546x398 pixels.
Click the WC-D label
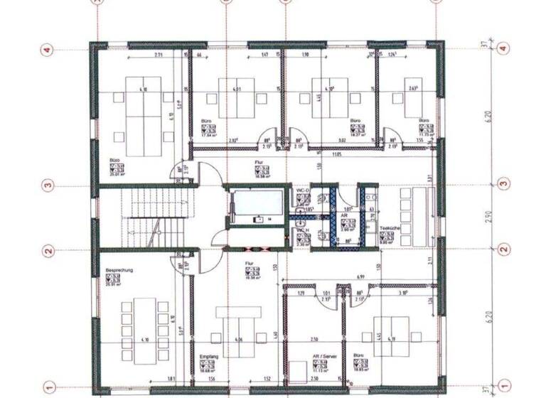(301, 192)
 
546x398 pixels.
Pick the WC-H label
(301, 231)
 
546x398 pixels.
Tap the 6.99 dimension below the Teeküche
(360, 276)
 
